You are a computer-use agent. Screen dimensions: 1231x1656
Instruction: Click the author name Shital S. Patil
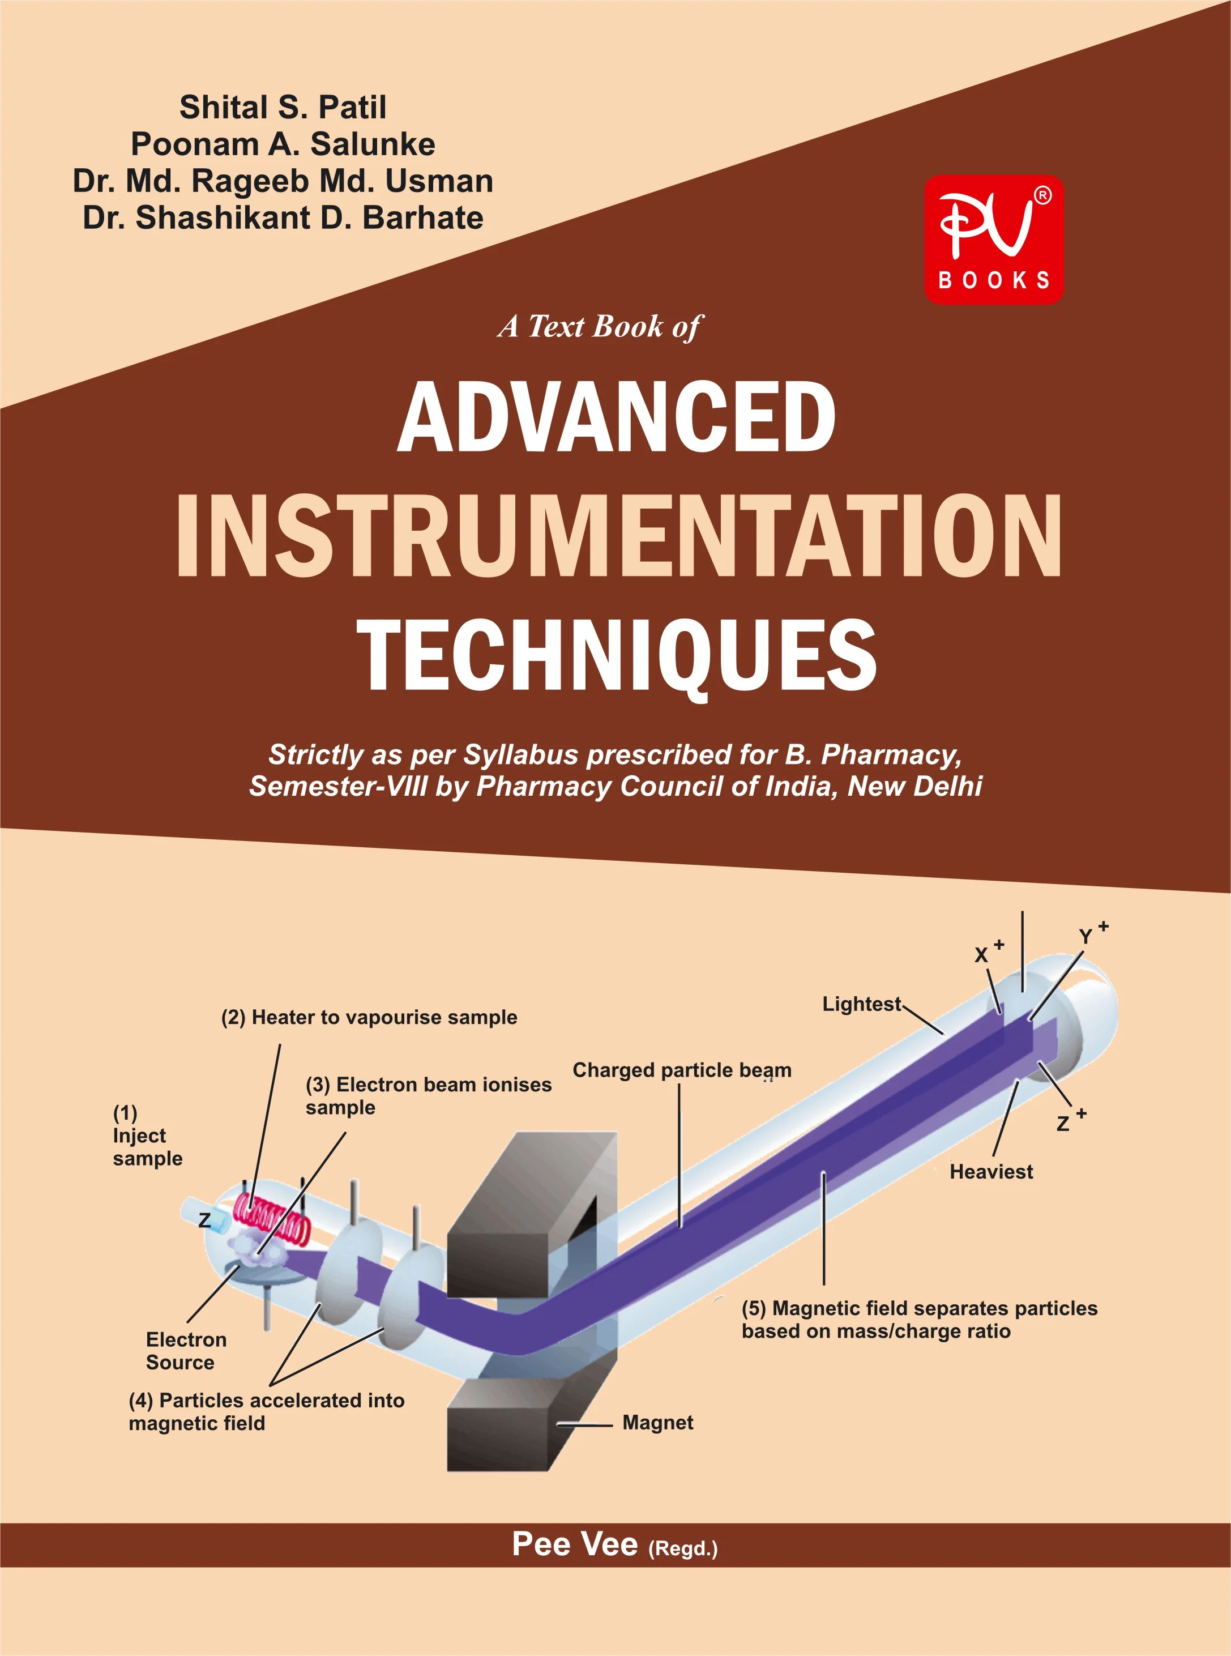click(283, 107)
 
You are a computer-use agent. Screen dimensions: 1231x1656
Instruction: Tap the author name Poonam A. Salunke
click(283, 144)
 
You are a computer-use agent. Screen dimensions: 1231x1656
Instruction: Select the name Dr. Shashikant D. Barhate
click(283, 217)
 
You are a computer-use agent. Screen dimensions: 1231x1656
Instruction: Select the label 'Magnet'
click(658, 1423)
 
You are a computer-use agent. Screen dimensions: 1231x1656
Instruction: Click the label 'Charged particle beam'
click(682, 1070)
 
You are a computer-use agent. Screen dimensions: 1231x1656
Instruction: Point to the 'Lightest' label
click(861, 1004)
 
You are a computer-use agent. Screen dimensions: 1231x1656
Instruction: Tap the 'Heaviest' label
click(991, 1172)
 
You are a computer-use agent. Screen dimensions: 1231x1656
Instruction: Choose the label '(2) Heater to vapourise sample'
click(369, 1017)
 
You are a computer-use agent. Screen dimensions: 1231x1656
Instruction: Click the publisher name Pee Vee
click(575, 1544)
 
